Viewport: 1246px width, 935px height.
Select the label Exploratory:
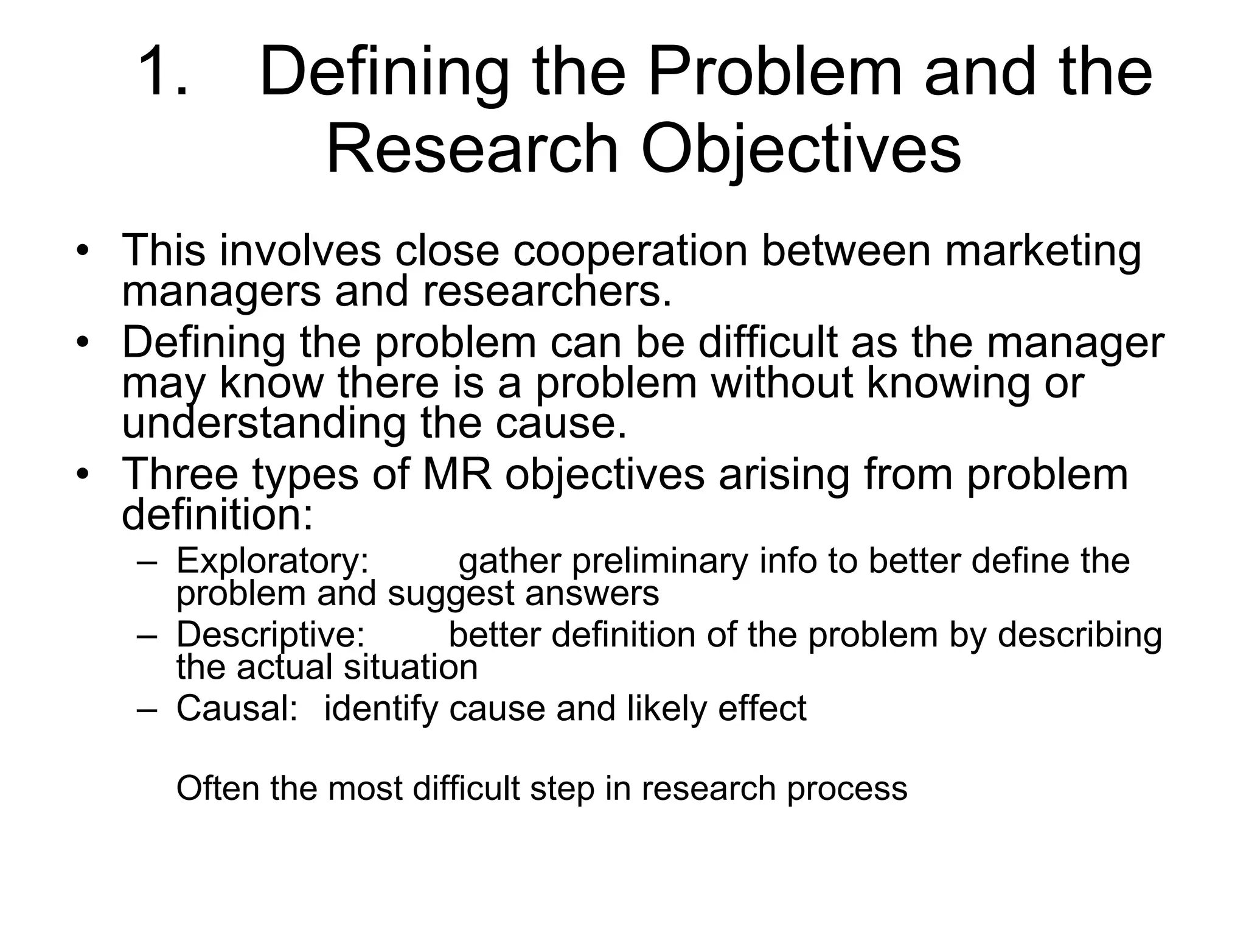(x=273, y=561)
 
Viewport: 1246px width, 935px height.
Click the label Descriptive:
(x=270, y=636)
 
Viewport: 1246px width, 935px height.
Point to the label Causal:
(x=237, y=709)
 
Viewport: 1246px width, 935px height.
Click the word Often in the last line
(x=217, y=788)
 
